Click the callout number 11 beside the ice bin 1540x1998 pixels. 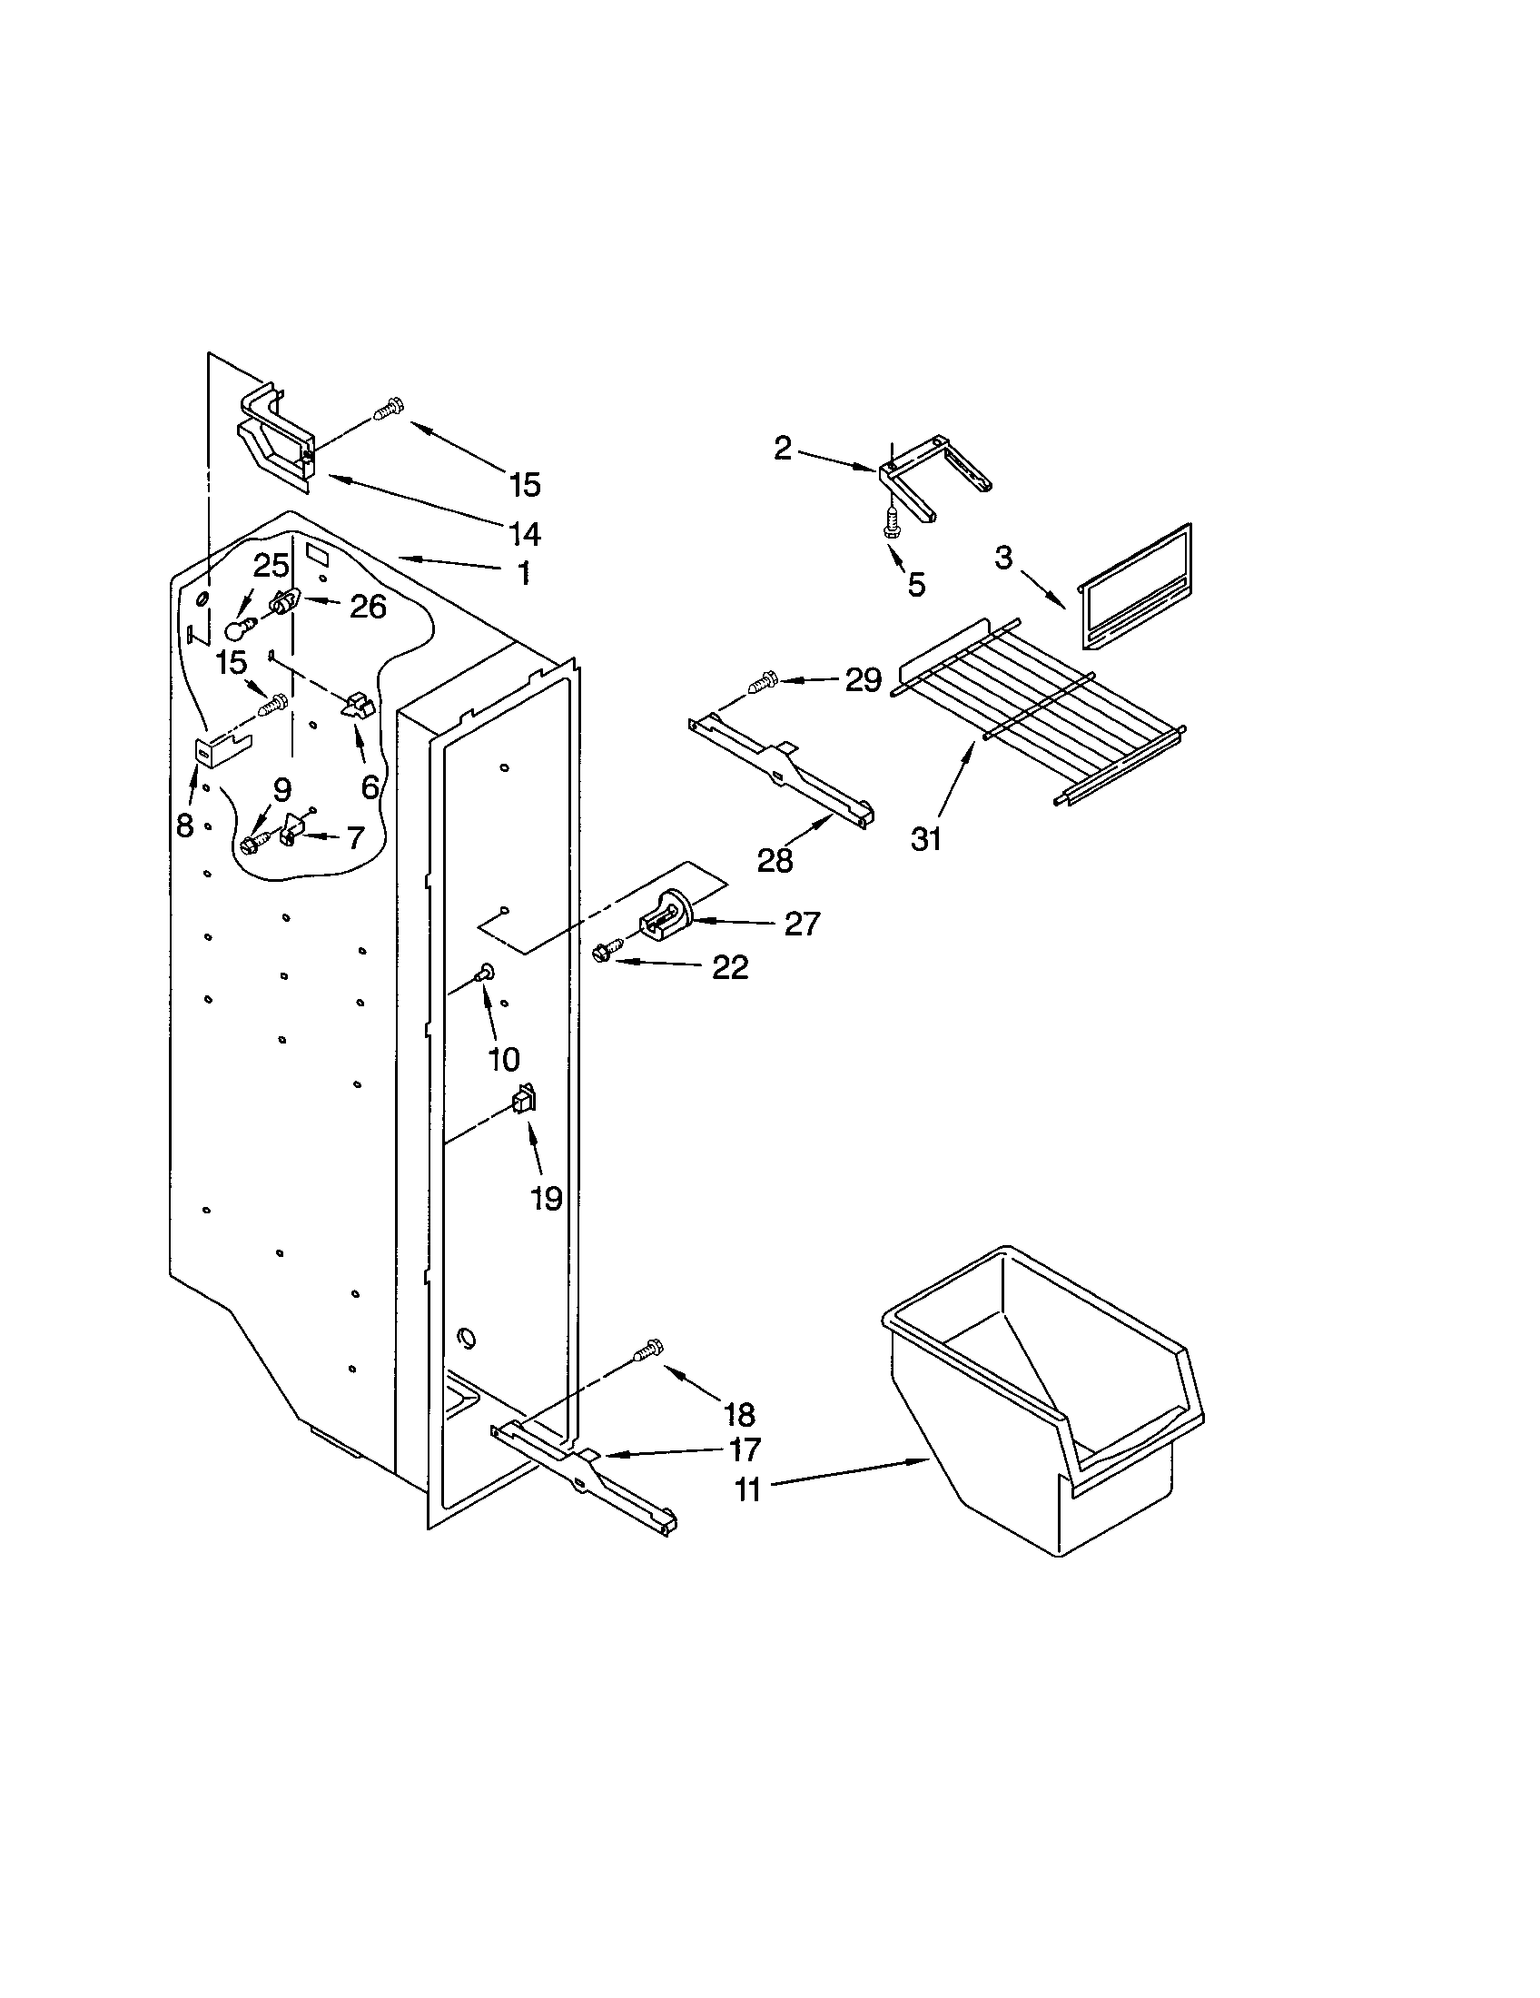(747, 1490)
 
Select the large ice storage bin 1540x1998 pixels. (1042, 1400)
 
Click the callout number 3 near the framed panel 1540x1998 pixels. (1003, 557)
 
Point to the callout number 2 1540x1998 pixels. (782, 449)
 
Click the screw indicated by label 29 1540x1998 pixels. (761, 681)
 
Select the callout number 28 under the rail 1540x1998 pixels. (775, 860)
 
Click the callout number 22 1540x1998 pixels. (730, 967)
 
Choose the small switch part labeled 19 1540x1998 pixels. (524, 1098)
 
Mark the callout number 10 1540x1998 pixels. (503, 1059)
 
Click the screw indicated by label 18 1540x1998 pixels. (648, 1350)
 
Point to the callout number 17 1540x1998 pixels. (745, 1449)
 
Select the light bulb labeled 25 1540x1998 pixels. (240, 628)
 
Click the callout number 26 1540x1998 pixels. (368, 606)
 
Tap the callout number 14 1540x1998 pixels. (524, 532)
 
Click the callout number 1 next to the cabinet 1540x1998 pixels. (523, 574)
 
